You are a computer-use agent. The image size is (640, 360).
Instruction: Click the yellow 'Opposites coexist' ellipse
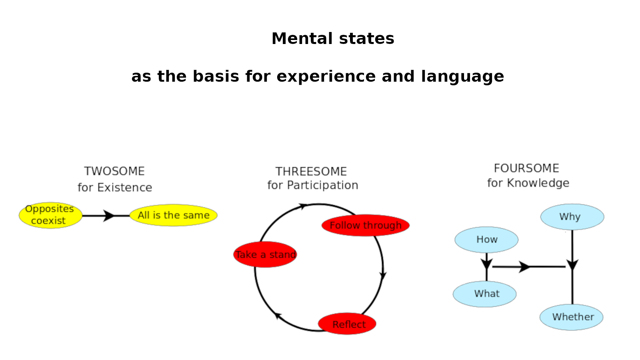click(50, 216)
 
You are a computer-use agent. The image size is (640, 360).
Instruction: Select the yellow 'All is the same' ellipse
click(174, 215)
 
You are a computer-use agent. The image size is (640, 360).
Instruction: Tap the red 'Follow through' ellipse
click(366, 225)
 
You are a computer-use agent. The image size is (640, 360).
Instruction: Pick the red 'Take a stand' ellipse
click(265, 254)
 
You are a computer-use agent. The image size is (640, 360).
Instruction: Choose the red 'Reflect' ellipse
click(347, 324)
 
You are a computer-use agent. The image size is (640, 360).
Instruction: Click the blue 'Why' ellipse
click(572, 216)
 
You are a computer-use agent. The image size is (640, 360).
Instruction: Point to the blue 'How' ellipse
click(486, 240)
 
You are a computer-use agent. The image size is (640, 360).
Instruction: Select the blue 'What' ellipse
click(484, 294)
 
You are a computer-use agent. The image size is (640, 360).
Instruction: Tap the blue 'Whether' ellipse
click(572, 317)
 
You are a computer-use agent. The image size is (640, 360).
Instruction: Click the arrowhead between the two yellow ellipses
click(108, 216)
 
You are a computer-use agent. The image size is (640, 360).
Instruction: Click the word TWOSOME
click(114, 171)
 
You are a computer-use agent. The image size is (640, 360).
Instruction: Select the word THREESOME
click(311, 172)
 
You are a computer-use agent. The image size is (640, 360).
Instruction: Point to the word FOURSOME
click(526, 168)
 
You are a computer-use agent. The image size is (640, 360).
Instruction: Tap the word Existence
click(124, 188)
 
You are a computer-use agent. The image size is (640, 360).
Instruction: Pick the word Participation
click(322, 185)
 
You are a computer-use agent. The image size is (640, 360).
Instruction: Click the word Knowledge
click(538, 183)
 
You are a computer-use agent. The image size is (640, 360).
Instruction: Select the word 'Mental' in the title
click(302, 38)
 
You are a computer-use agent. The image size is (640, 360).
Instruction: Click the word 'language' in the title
click(462, 76)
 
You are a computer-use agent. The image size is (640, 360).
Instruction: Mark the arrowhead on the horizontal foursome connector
click(524, 267)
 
